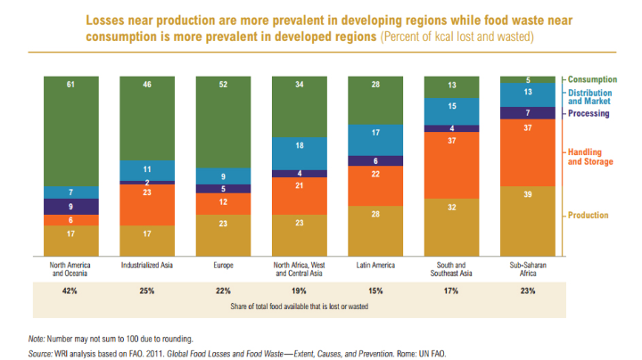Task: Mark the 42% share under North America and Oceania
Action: click(x=70, y=290)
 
